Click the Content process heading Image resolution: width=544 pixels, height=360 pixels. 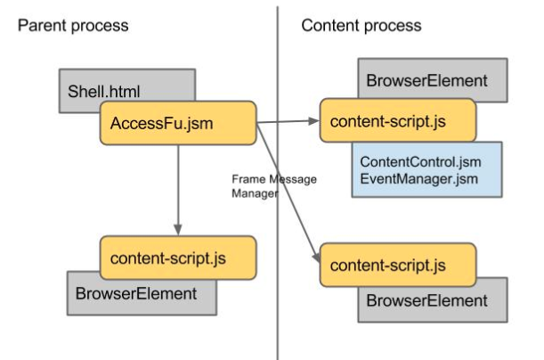pyautogui.click(x=361, y=26)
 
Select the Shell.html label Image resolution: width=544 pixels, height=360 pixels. pyautogui.click(x=104, y=92)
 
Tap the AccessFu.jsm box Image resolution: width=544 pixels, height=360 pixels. pyautogui.click(x=178, y=123)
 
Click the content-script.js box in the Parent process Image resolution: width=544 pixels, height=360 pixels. pyautogui.click(x=178, y=258)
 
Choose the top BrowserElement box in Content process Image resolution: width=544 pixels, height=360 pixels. pyautogui.click(x=433, y=79)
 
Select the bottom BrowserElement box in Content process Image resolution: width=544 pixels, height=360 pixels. pyautogui.click(x=433, y=301)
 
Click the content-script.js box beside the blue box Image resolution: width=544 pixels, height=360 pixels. pyautogui.click(x=398, y=120)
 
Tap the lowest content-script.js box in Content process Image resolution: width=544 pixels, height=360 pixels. pyautogui.click(x=398, y=265)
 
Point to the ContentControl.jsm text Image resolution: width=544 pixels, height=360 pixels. pyautogui.click(x=420, y=162)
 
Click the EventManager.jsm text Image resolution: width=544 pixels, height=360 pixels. pyautogui.click(x=419, y=179)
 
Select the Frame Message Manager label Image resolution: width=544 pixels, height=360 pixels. pyautogui.click(x=274, y=186)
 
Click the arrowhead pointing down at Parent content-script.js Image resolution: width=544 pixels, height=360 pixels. pyautogui.click(x=178, y=230)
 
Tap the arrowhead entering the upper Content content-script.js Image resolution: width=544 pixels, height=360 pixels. pyautogui.click(x=313, y=121)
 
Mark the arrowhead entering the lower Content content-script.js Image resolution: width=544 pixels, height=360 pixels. pyautogui.click(x=316, y=258)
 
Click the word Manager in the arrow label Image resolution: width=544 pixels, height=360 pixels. pyautogui.click(x=255, y=193)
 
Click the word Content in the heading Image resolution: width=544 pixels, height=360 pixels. pyautogui.click(x=330, y=26)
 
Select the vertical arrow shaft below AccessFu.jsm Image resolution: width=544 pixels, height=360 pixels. pyautogui.click(x=178, y=184)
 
